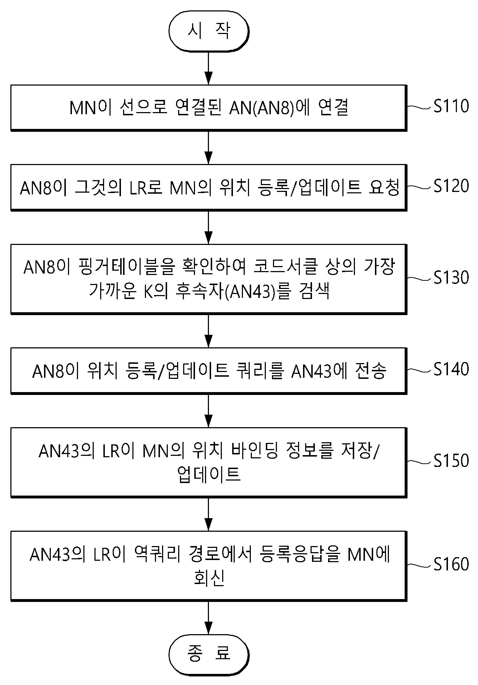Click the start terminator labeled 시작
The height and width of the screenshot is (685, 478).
pos(209,32)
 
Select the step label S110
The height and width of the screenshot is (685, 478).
pos(451,106)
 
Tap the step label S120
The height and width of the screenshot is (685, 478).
pos(451,186)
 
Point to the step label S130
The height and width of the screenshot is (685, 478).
pos(451,278)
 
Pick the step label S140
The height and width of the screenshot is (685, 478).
pos(451,369)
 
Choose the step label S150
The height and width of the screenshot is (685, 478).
pos(451,461)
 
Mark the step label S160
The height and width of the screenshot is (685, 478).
pos(451,564)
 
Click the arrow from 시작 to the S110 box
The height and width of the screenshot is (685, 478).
pos(208,68)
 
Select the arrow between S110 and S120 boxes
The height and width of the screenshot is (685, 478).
pos(208,148)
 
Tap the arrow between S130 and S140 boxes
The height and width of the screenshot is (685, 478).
pos(208,331)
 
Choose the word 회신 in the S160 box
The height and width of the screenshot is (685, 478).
pos(209,578)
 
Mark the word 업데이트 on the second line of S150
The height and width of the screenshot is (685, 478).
pos(209,474)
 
